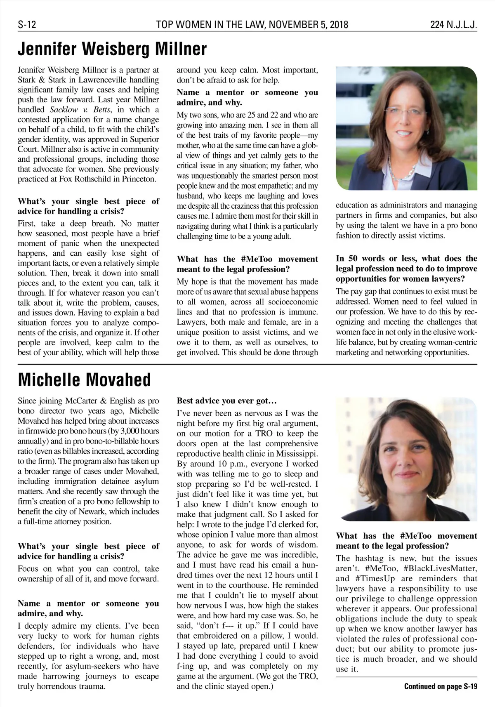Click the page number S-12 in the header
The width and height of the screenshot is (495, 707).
coord(27,25)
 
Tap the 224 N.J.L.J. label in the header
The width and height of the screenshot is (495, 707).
coord(453,25)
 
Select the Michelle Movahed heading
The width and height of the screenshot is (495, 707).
coord(85,379)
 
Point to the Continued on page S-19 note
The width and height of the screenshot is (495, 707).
coord(440,686)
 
